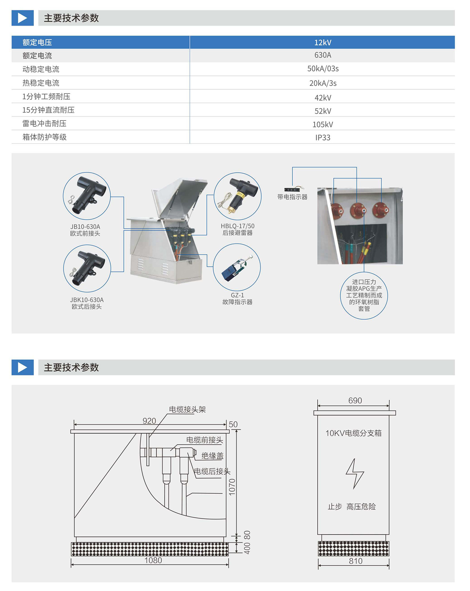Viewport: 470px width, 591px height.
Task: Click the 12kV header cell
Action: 322,42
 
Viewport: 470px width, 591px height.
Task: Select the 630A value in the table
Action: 322,55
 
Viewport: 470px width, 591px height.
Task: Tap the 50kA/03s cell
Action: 323,69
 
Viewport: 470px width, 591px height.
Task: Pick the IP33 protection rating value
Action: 323,137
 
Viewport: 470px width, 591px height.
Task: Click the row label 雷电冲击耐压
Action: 45,123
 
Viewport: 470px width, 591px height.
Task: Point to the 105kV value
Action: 322,124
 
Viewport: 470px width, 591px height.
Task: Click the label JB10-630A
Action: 85,227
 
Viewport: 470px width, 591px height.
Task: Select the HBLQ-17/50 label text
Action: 238,226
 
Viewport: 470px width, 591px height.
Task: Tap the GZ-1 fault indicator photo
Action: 237,267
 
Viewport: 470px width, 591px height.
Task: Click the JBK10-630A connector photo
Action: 87,269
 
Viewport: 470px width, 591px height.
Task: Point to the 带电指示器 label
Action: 292,197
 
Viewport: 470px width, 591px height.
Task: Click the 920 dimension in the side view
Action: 149,421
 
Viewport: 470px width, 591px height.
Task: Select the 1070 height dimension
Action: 232,487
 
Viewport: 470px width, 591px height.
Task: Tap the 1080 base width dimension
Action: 153,560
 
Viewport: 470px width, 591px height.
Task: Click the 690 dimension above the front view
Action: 355,401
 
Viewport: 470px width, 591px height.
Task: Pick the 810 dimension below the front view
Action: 356,561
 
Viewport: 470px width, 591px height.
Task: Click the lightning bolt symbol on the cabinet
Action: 355,473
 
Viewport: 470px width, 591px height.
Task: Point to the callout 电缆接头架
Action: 187,409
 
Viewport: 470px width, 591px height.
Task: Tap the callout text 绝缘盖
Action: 212,456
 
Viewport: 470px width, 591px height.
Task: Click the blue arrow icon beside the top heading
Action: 23,18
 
